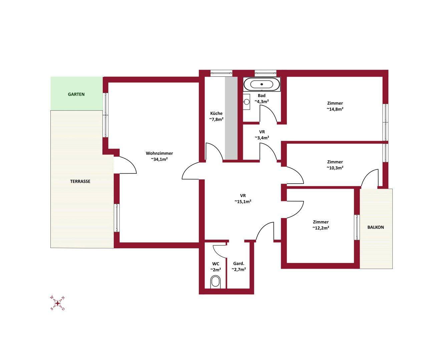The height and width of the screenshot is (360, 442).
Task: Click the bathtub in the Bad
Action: coord(262,84)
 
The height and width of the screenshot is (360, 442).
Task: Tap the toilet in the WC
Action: coord(215,282)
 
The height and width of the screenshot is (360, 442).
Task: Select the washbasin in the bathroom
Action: coord(247,102)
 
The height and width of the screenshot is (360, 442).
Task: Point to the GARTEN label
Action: coord(76,94)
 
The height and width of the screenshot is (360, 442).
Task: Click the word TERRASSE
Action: coord(80,181)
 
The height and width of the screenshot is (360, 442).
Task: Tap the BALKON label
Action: coord(376,227)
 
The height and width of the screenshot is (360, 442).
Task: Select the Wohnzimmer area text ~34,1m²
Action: coord(159,159)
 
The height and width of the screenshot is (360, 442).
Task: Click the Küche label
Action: coord(216,113)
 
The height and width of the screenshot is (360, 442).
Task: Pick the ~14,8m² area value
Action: coord(335,109)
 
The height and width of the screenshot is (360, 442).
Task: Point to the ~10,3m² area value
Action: coord(335,168)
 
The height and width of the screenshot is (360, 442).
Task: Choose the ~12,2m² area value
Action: coord(321,228)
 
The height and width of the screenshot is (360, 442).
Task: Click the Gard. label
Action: coord(239,264)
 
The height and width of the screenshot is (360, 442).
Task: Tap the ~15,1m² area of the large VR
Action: coord(243,201)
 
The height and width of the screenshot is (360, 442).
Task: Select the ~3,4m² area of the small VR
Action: coord(262,138)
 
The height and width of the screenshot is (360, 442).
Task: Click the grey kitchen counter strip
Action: coord(231,118)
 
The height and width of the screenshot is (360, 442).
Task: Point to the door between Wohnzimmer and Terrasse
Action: coord(125,165)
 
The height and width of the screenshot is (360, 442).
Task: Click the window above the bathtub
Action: coord(266,73)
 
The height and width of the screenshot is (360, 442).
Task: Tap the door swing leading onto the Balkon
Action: coord(370,178)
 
